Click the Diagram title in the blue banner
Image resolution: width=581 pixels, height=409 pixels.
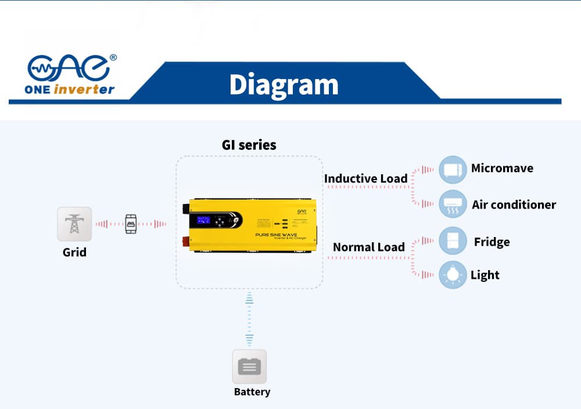[284, 85]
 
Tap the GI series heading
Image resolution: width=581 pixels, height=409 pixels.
[249, 145]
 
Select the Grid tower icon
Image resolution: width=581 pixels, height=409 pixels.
[74, 224]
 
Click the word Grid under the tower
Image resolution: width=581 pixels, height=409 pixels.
[74, 253]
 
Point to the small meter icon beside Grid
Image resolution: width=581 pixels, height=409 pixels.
[131, 224]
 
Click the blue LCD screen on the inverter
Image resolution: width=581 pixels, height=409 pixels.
[204, 220]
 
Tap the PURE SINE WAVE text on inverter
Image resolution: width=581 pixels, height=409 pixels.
[276, 235]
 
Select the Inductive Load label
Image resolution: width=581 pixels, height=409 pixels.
[365, 178]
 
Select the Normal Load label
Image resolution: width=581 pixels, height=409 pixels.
[368, 247]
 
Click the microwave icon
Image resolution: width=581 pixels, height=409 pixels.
[453, 170]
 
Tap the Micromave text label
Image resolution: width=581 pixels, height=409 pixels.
[502, 168]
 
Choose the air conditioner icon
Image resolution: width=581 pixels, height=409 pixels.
[453, 204]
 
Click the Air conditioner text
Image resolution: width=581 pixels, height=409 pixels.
[514, 204]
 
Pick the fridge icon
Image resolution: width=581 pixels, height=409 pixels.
[453, 241]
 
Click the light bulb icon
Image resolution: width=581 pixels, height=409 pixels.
[453, 274]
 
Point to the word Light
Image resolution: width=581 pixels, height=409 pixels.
[485, 275]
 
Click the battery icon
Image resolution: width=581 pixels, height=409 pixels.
[249, 367]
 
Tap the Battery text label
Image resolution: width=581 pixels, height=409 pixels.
[252, 392]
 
